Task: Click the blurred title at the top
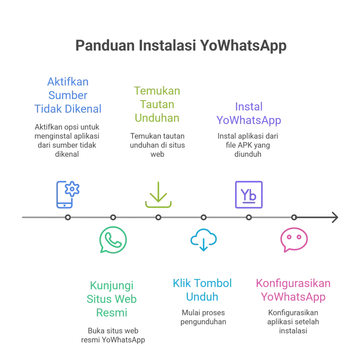(180, 46)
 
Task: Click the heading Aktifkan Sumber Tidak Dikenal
(68, 95)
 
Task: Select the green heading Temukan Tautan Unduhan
(157, 105)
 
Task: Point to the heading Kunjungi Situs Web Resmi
(112, 299)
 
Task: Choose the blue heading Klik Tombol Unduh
(202, 290)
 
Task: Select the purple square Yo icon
(249, 194)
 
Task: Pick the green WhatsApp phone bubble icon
(113, 239)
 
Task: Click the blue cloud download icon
(203, 239)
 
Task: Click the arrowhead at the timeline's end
(334, 217)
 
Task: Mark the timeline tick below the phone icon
(68, 217)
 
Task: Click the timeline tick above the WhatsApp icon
(113, 217)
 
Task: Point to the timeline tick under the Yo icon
(249, 217)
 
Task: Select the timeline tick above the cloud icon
(204, 217)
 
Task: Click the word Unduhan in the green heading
(157, 118)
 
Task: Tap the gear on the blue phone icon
(74, 190)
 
